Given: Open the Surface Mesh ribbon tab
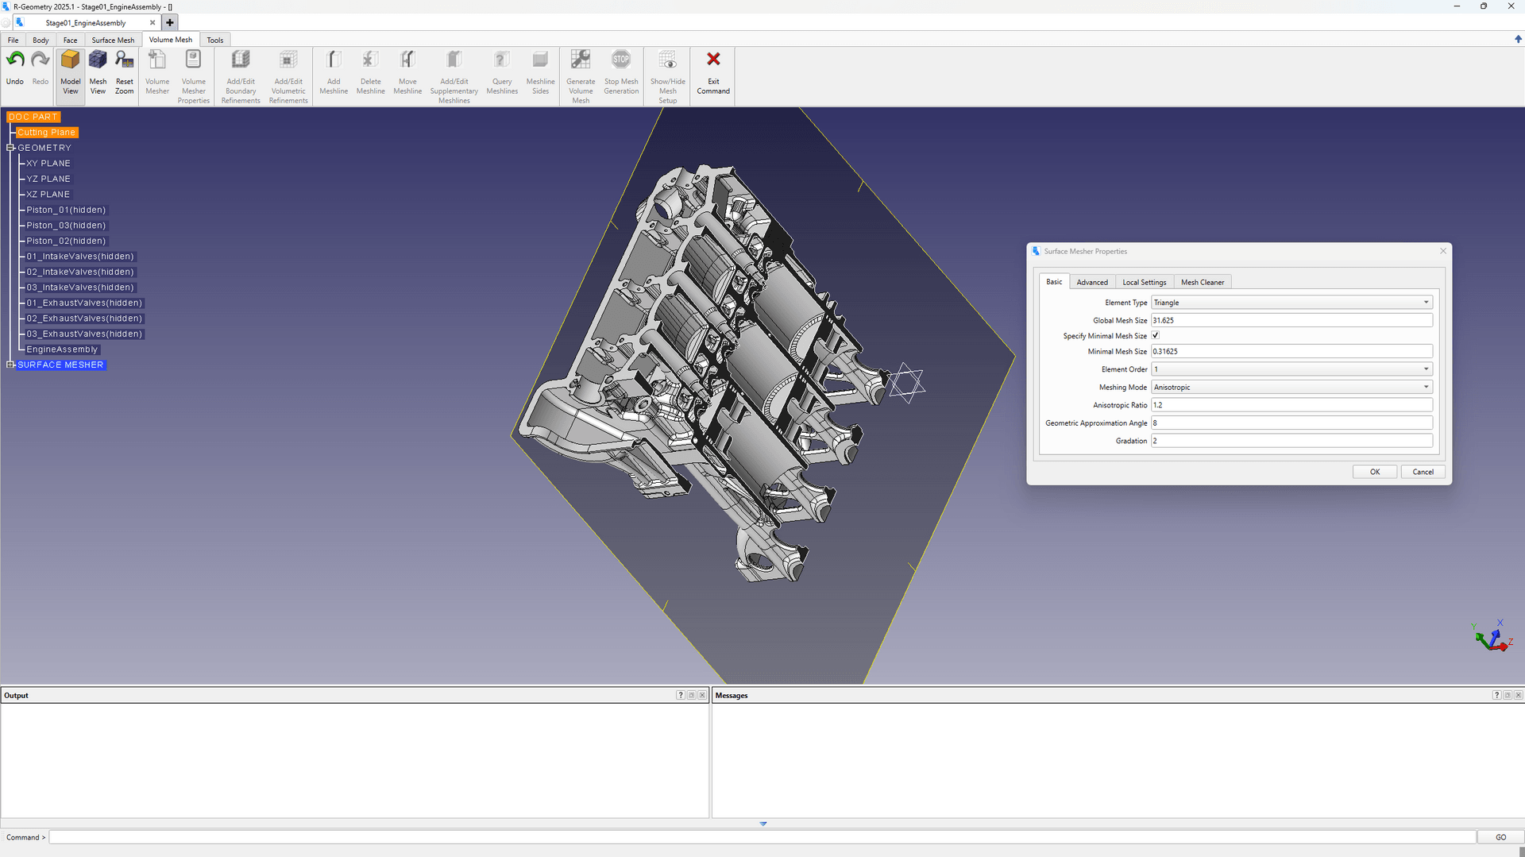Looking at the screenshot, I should click(x=113, y=40).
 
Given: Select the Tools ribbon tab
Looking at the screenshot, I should click(x=214, y=40).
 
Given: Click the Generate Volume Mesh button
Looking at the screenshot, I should click(x=581, y=73).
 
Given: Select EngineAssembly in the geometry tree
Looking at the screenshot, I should click(x=62, y=349).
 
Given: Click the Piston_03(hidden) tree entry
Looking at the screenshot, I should click(x=66, y=226).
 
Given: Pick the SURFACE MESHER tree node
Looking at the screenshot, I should click(x=60, y=365).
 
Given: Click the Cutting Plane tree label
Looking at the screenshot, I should click(x=46, y=133).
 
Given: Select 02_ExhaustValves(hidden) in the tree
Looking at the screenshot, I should click(x=84, y=318).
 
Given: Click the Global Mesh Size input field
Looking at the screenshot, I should click(x=1291, y=320).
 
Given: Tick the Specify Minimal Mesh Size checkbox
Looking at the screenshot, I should click(x=1156, y=335).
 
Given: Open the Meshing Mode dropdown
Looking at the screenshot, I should click(x=1291, y=387).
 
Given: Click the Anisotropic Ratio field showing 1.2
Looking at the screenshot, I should click(x=1291, y=405).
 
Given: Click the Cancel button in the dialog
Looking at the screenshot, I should click(x=1423, y=472).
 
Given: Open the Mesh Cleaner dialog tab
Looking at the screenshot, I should click(x=1202, y=282).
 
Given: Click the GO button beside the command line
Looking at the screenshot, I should click(x=1500, y=837).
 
